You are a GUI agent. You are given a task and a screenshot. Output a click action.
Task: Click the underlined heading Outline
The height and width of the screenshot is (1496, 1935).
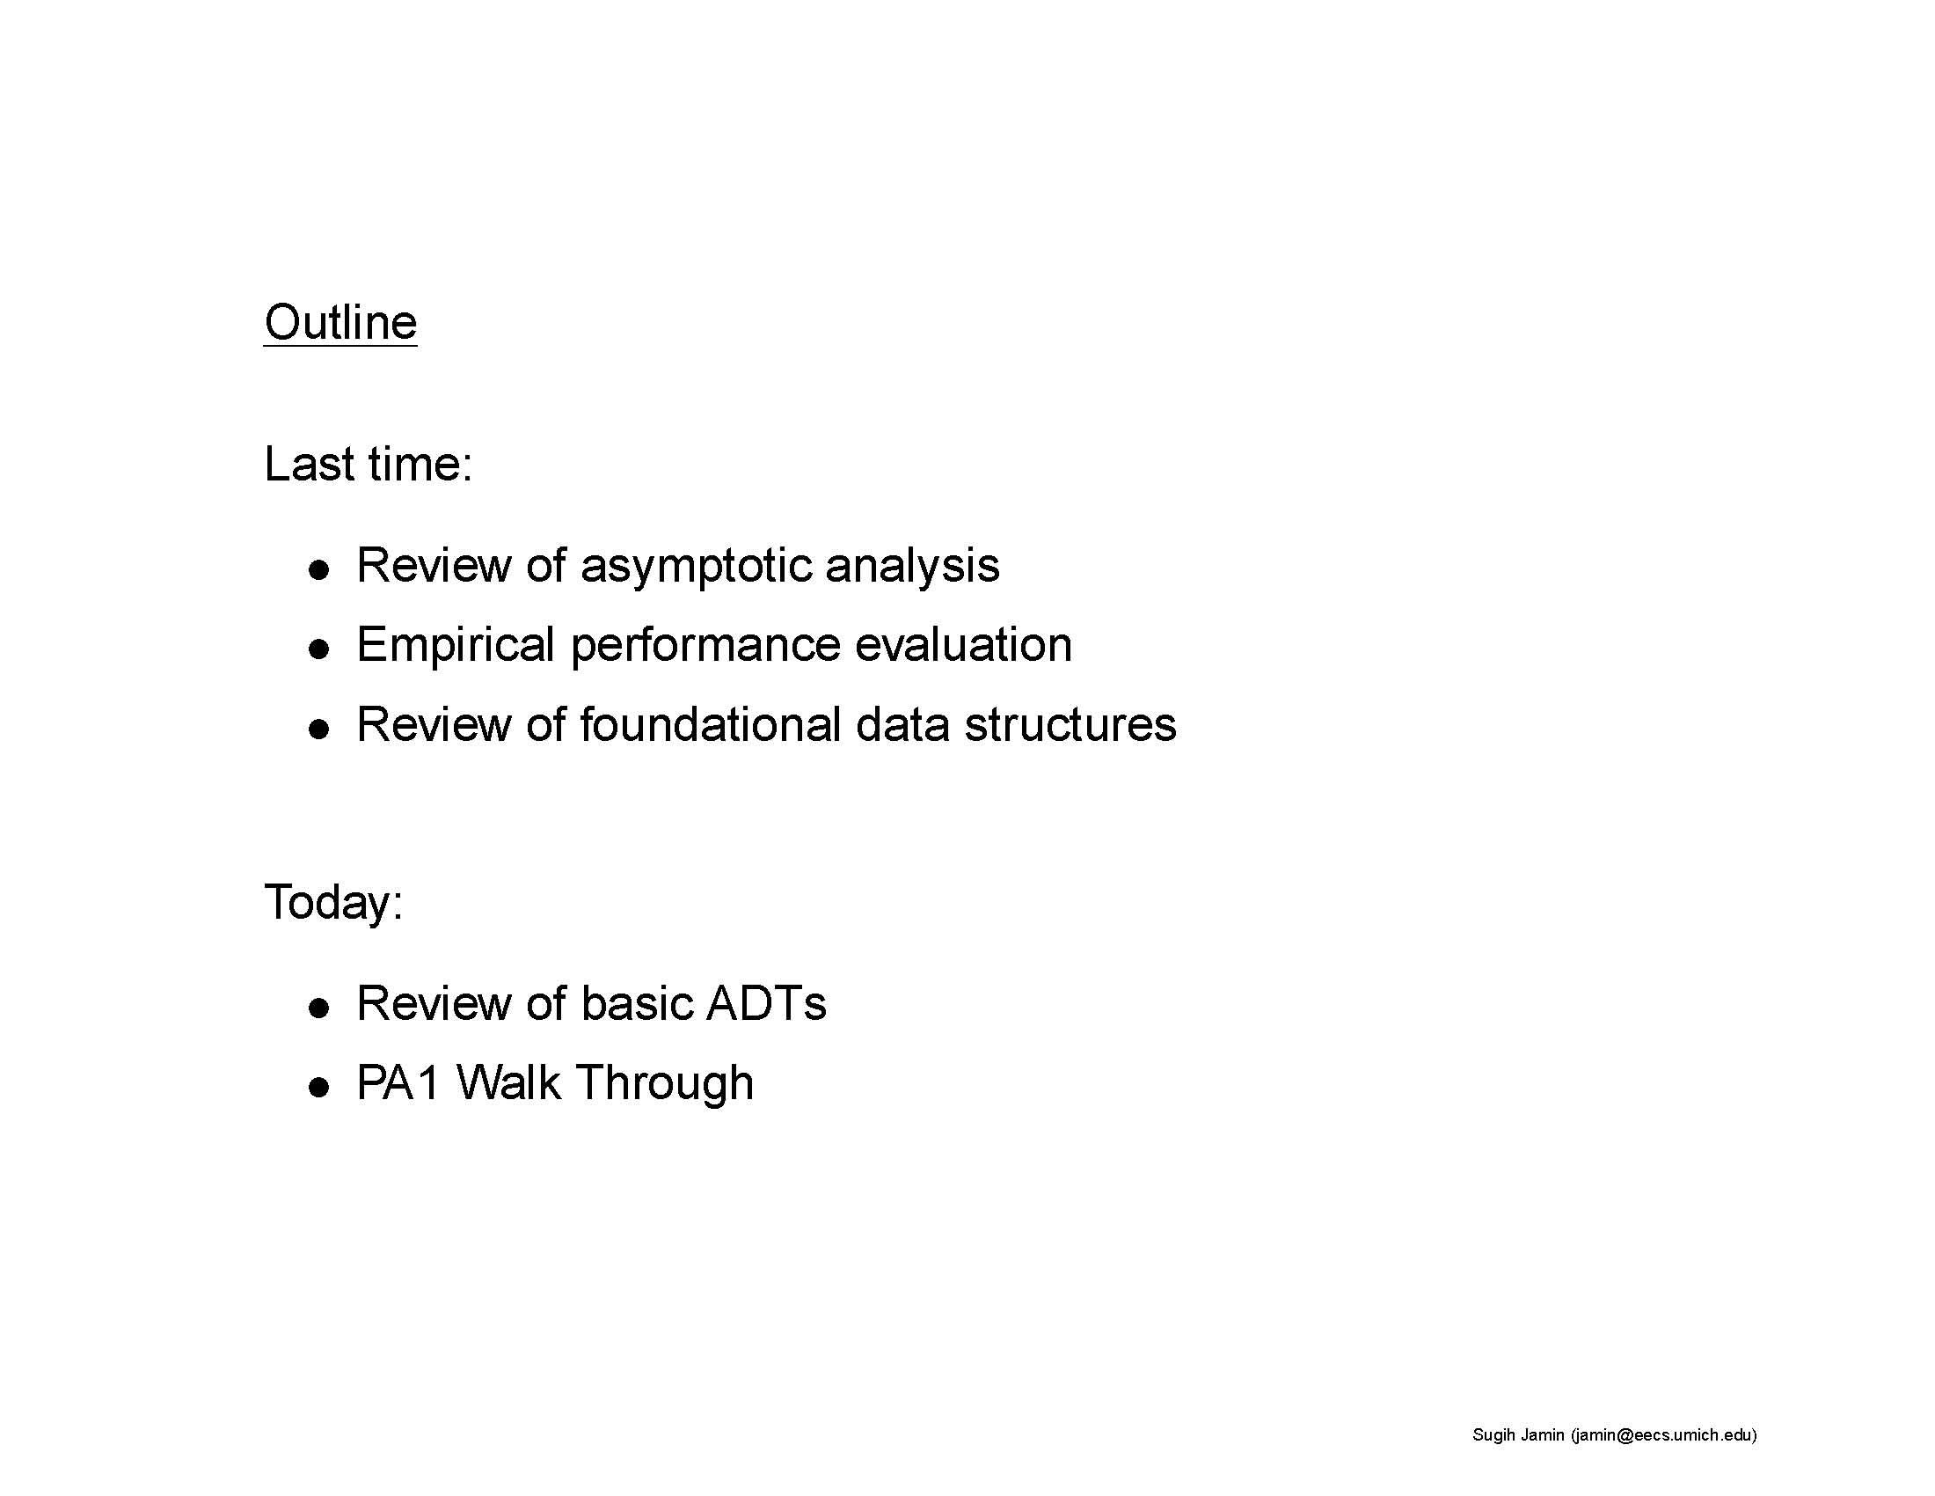click(340, 322)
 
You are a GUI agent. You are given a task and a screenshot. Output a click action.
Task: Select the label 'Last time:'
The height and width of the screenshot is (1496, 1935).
click(368, 464)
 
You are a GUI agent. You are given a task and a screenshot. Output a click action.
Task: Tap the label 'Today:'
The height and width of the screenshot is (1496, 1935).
click(333, 902)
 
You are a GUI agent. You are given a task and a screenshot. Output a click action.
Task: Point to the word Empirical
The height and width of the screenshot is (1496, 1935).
click(455, 645)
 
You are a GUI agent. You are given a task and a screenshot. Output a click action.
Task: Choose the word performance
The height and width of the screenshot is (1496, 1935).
click(705, 645)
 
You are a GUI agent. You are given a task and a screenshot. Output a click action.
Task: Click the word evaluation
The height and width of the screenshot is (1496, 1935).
click(963, 644)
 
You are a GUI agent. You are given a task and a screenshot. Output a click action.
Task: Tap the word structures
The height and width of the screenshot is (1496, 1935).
click(1070, 724)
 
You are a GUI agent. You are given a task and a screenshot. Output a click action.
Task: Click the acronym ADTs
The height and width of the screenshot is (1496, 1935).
click(765, 1003)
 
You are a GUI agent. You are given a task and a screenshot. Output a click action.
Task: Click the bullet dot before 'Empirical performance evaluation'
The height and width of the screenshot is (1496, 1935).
click(319, 649)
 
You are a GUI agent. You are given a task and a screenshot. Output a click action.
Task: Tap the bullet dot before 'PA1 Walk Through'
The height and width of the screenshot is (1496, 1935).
click(319, 1088)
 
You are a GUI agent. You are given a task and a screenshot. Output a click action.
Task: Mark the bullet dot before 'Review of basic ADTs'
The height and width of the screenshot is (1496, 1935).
click(319, 1008)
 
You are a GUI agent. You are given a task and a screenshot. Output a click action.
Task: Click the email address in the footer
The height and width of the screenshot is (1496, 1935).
click(1663, 1435)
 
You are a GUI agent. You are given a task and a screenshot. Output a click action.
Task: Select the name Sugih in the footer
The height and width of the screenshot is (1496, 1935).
click(1493, 1435)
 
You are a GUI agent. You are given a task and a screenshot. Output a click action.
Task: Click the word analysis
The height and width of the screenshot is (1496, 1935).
click(912, 567)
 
